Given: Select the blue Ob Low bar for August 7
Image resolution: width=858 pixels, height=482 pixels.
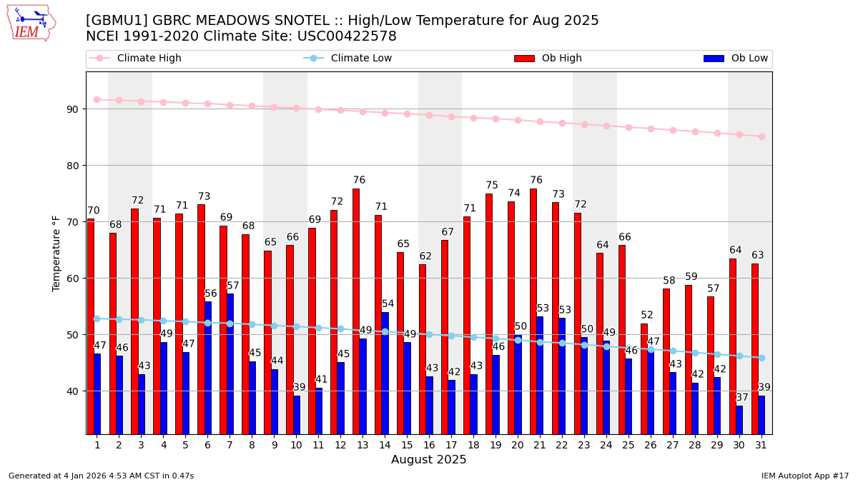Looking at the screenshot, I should pyautogui.click(x=230, y=363).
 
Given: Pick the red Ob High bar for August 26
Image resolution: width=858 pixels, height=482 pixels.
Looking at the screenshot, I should pyautogui.click(x=644, y=378).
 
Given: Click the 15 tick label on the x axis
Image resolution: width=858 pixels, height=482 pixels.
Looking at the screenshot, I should pyautogui.click(x=407, y=445).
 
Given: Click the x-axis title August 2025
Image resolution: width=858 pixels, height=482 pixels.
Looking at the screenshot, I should pyautogui.click(x=428, y=460).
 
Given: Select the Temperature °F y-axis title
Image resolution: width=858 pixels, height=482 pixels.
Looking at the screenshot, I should pyautogui.click(x=57, y=253).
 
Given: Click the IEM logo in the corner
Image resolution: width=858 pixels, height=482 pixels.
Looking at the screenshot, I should pyautogui.click(x=31, y=22).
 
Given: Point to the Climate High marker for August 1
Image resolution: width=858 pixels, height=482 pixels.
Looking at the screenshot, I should pyautogui.click(x=97, y=100).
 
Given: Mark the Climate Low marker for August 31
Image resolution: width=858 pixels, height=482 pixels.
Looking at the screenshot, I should pyautogui.click(x=761, y=358).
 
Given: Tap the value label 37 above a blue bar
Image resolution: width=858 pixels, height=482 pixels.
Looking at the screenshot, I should pyautogui.click(x=742, y=398).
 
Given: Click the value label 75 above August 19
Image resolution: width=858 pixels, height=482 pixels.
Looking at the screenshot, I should pyautogui.click(x=492, y=186).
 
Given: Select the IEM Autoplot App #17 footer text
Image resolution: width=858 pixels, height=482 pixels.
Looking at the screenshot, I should pyautogui.click(x=804, y=476).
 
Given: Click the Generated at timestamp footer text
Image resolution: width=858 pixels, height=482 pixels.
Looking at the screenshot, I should pyautogui.click(x=101, y=476).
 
